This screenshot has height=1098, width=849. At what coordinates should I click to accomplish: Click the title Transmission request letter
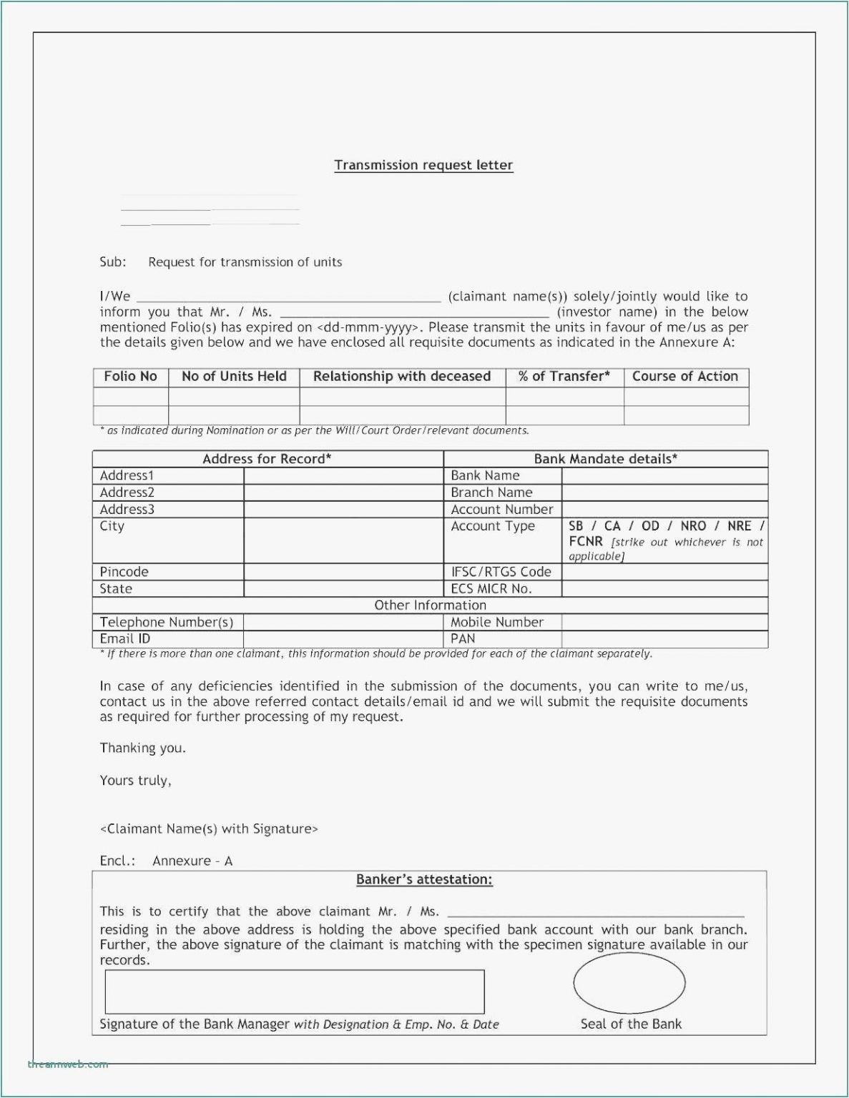(x=423, y=165)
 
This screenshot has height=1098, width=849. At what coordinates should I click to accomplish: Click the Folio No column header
(x=130, y=377)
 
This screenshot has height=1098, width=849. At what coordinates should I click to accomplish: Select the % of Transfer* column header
(x=564, y=377)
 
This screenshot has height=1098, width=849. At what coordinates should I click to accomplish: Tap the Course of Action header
(x=684, y=377)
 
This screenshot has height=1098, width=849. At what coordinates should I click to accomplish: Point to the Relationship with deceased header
(x=402, y=377)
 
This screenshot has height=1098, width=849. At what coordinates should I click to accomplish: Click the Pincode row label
(x=124, y=572)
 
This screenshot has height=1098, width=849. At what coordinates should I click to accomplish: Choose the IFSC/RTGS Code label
(x=501, y=572)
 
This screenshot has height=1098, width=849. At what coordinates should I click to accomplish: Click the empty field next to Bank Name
(x=664, y=476)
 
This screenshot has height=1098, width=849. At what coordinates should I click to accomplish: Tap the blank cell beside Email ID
(x=343, y=639)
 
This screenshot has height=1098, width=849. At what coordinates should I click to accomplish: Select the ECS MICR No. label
(x=491, y=589)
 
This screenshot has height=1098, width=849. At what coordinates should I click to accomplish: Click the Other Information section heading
(x=430, y=605)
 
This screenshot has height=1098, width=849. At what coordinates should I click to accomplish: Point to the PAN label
(x=463, y=639)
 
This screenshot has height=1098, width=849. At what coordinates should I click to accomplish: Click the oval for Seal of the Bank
(x=629, y=984)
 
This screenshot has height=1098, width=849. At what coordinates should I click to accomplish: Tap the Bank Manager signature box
(x=294, y=991)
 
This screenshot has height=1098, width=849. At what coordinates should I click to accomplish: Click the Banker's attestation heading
(x=424, y=880)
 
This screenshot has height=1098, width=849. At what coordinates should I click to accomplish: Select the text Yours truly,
(x=135, y=781)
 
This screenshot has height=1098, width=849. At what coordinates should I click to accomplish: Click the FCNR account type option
(x=586, y=542)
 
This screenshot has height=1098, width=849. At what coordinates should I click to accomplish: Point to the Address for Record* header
(x=267, y=459)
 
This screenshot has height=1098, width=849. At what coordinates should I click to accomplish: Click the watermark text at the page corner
(x=68, y=1064)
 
